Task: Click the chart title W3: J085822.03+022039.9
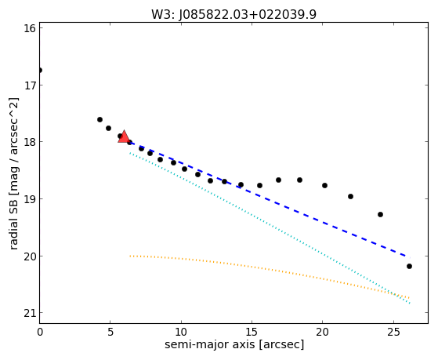[x=233, y=15]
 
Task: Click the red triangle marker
[x=124, y=136]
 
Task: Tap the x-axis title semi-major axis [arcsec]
[x=234, y=344]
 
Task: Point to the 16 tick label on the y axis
[x=29, y=28]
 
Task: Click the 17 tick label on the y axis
[x=29, y=85]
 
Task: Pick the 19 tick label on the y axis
[x=29, y=199]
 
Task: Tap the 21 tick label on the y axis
[x=29, y=313]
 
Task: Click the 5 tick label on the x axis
[x=110, y=332]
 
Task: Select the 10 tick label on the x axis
[x=181, y=332]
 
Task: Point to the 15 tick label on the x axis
[x=252, y=332]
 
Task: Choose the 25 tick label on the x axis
[x=393, y=332]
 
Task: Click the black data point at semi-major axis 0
[x=40, y=71]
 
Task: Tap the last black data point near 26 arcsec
[x=409, y=267]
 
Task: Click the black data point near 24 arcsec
[x=380, y=215]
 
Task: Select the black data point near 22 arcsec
[x=350, y=197]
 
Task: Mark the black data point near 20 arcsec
[x=324, y=185]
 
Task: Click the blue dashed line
[x=270, y=200]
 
